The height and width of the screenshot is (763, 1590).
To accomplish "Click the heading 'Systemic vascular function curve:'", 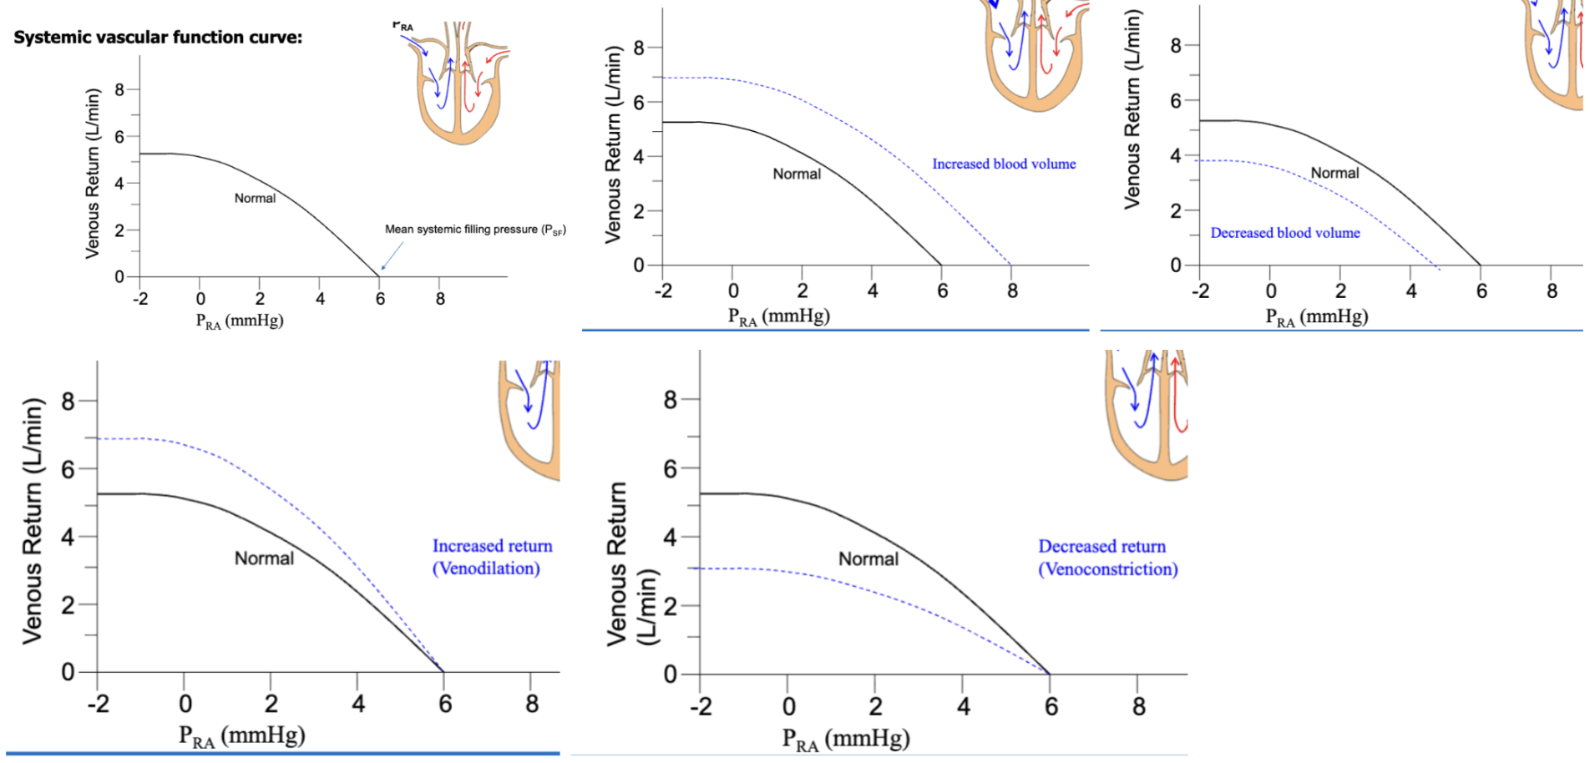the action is tap(158, 38).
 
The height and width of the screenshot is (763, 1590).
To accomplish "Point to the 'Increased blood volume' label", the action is tap(1004, 164).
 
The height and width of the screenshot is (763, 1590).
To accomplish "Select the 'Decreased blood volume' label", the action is tap(1285, 233).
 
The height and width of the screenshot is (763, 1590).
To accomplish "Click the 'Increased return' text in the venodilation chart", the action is tap(492, 546).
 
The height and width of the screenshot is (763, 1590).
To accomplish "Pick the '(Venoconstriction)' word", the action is tap(1108, 569).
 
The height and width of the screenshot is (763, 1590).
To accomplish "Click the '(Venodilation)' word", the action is tap(486, 568).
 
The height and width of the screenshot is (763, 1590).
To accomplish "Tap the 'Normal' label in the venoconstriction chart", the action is tap(868, 559).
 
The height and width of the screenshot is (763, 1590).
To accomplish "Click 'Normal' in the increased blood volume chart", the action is tap(797, 174).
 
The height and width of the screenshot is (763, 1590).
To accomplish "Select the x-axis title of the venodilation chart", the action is tap(241, 735).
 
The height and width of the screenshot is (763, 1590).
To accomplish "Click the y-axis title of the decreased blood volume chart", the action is tap(1132, 109).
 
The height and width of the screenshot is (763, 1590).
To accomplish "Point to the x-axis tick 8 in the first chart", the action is tap(440, 299).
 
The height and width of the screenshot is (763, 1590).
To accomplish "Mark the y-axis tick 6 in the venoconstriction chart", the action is tap(670, 469).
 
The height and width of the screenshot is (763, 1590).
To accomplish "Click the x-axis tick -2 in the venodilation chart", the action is tap(99, 704).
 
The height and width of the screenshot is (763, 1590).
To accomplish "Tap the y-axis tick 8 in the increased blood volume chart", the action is tap(639, 48).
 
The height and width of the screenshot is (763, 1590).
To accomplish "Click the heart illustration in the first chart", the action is tap(458, 83).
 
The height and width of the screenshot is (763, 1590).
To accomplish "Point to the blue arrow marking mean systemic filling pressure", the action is tap(392, 256).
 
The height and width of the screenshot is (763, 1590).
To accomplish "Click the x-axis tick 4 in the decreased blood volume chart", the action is tap(1411, 291).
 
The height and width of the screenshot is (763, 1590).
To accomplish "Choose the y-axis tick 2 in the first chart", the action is tap(119, 230).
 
